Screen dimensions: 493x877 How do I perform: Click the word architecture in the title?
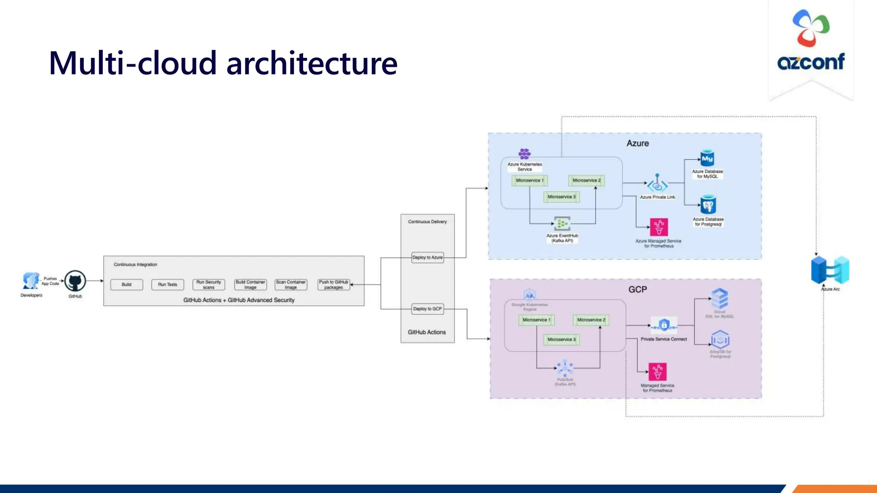click(x=312, y=63)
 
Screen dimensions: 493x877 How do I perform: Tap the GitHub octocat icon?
click(x=75, y=281)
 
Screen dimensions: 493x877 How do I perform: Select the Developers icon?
click(x=31, y=281)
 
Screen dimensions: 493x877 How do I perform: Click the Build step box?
click(x=127, y=285)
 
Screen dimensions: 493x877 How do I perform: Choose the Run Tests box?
click(x=167, y=285)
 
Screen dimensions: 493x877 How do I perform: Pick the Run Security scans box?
click(x=209, y=285)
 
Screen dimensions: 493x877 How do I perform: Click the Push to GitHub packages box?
click(x=334, y=285)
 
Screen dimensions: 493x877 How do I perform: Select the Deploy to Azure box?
click(x=427, y=258)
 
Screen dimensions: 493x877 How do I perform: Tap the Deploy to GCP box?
click(x=427, y=309)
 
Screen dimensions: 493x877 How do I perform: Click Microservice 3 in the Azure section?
click(x=561, y=197)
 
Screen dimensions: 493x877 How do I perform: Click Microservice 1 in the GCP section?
click(x=536, y=320)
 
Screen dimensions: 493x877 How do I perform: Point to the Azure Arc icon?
click(x=830, y=270)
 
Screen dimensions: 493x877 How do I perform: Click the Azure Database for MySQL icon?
click(x=707, y=158)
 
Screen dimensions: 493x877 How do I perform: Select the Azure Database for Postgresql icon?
click(x=708, y=205)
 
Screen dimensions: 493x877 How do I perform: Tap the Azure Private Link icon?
click(x=657, y=184)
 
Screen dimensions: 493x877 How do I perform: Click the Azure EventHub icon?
click(x=562, y=223)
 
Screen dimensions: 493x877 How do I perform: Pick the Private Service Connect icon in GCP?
click(x=664, y=326)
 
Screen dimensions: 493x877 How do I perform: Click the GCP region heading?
click(x=638, y=290)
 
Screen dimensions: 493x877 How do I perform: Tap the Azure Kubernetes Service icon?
click(x=525, y=154)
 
